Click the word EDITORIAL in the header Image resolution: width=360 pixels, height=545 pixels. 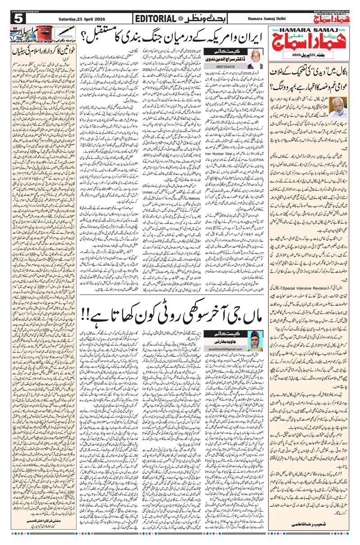point(154,18)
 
